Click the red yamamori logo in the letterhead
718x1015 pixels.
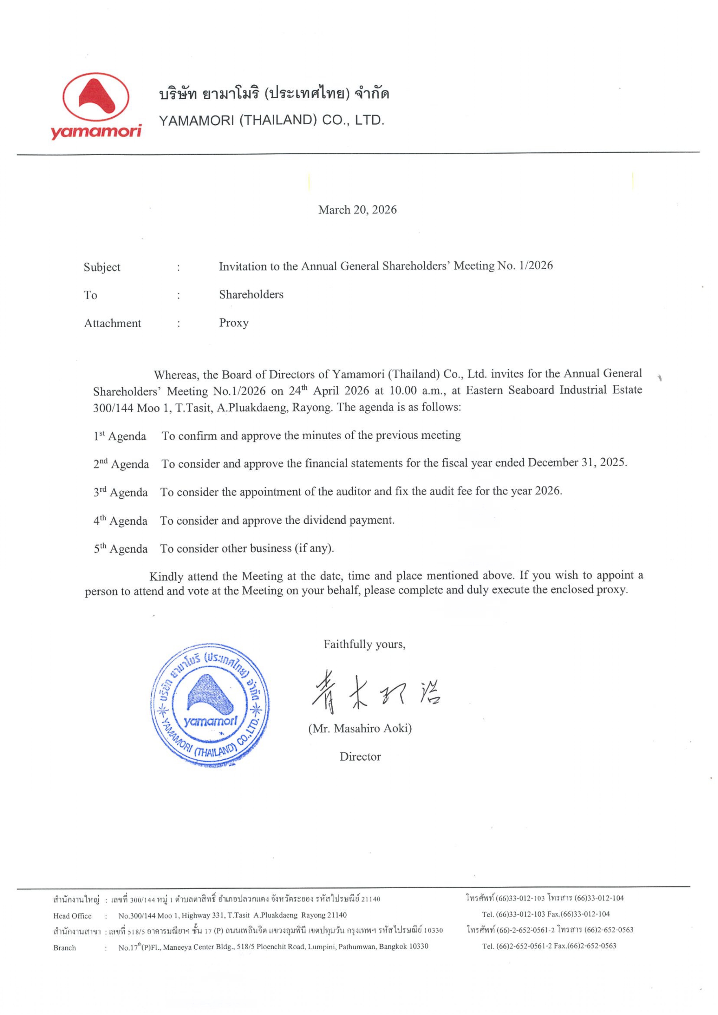tap(96, 106)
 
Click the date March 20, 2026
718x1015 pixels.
tap(357, 210)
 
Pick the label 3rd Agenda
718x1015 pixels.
tap(120, 492)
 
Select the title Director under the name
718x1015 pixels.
tap(360, 756)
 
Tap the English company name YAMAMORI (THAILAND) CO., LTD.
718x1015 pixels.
tap(271, 120)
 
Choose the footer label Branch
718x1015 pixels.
tap(65, 948)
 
